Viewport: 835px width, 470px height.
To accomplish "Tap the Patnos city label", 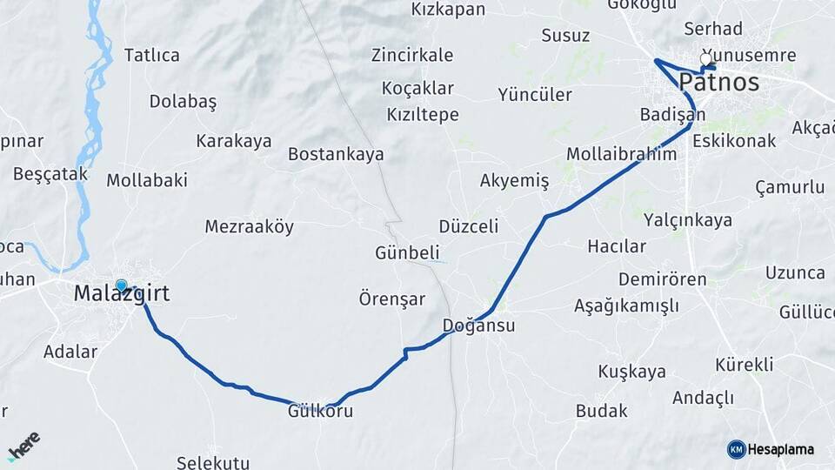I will coord(718,84).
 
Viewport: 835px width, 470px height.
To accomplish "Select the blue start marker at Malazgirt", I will coord(121,285).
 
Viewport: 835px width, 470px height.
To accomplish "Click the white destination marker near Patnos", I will coord(706,59).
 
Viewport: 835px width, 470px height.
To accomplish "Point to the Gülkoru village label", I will coord(320,412).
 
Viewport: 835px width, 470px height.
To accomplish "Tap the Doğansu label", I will coord(478,326).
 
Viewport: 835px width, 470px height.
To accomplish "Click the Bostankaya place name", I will coord(336,155).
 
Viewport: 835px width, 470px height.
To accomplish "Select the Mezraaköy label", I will coord(249,227).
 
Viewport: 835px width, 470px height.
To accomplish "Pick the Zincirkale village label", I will coord(411,56).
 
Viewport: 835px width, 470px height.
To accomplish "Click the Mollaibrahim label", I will coord(621,154).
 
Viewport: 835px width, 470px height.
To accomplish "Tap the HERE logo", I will coord(23,445).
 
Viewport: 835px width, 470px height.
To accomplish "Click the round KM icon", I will coord(736,449).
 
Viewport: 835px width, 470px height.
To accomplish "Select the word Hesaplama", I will coord(781,450).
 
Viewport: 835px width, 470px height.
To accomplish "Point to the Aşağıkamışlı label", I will coord(626,305).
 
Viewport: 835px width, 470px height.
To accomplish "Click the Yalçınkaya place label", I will coord(688,220).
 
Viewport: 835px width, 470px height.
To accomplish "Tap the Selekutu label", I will coord(212,462).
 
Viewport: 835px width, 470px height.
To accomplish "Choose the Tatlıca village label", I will coord(151,56).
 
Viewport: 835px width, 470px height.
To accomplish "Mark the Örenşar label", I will coord(392,299).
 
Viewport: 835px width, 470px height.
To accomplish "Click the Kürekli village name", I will coord(744,365).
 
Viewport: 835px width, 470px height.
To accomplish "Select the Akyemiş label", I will coord(514,181).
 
